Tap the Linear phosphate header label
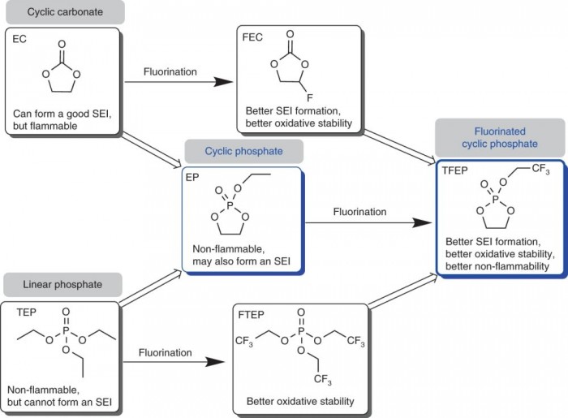(62, 284)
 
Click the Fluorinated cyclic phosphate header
(499, 136)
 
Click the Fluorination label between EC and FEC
(170, 71)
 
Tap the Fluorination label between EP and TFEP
(359, 212)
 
